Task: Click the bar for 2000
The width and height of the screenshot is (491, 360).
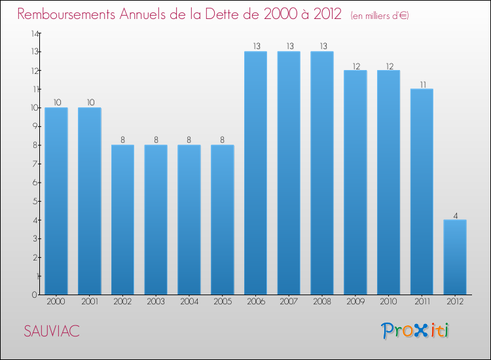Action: click(56, 201)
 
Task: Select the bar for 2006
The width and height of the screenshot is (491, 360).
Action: click(255, 173)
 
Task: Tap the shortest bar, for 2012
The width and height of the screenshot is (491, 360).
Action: click(454, 257)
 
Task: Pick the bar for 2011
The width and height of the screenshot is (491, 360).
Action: click(422, 192)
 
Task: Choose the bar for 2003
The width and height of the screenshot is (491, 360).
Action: click(156, 220)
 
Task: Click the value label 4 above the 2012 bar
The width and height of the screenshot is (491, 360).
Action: click(455, 215)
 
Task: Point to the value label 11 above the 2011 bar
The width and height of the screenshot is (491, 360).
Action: click(422, 84)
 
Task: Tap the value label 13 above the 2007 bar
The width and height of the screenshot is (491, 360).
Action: click(289, 46)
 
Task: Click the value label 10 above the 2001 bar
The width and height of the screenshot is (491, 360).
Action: click(90, 103)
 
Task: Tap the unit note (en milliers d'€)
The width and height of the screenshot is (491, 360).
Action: click(380, 16)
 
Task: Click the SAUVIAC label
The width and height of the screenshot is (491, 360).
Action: click(52, 332)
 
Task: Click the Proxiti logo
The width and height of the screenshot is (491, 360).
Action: click(416, 331)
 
